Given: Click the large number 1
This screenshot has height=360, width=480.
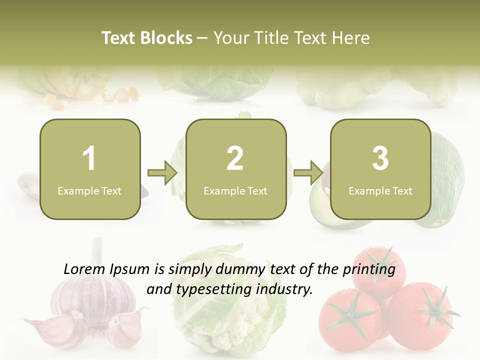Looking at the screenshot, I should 89,158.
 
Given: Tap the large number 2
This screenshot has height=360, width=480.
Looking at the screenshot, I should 235,158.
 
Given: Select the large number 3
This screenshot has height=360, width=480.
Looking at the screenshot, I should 380,158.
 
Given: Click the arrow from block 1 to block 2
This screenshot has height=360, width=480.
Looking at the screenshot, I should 163,173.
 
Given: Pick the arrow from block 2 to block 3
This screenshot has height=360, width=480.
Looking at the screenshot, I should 308,173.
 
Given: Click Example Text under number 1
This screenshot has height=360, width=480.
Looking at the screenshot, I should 89,190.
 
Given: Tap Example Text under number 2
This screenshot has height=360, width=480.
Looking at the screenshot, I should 235,190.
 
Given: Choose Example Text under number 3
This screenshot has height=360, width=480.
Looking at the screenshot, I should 380,190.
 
